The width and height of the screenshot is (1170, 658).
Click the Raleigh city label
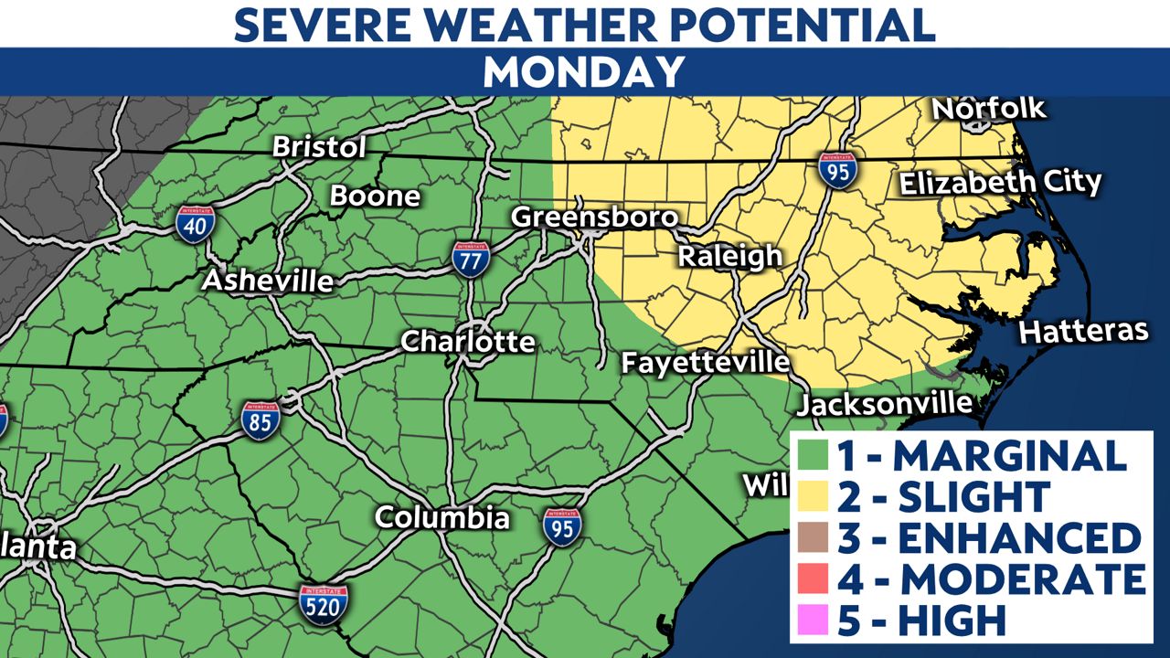click(x=729, y=257)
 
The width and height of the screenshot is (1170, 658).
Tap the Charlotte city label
click(x=468, y=342)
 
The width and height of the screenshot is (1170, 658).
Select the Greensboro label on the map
click(x=594, y=218)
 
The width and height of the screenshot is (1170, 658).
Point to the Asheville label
click(x=267, y=281)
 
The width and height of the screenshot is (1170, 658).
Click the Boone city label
click(x=375, y=196)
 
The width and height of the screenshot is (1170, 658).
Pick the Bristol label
click(x=319, y=147)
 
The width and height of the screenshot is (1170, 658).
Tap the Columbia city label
click(x=442, y=517)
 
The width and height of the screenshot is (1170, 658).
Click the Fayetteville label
click(x=706, y=362)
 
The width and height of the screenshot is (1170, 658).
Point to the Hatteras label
click(x=1083, y=331)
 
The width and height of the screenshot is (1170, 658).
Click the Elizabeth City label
click(x=1000, y=182)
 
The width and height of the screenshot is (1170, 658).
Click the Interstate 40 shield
click(x=196, y=223)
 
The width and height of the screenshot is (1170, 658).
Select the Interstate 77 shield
click(x=471, y=259)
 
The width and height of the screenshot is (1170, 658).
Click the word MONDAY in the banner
click(x=584, y=71)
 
